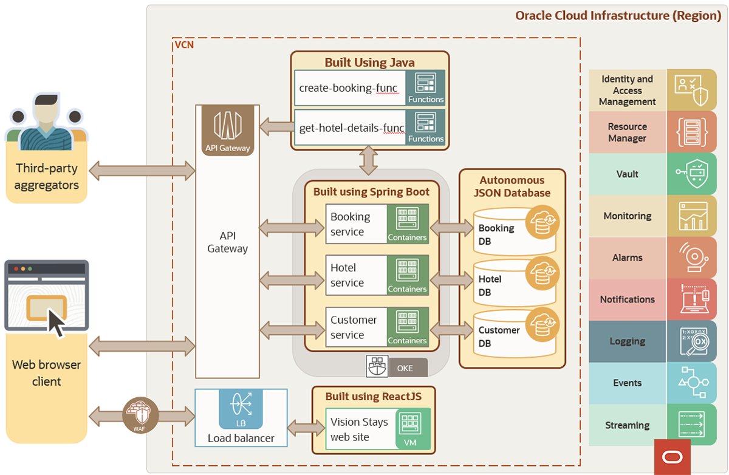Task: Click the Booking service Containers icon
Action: pos(408,224)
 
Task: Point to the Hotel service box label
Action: pos(347,275)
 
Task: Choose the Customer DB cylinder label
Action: pos(499,337)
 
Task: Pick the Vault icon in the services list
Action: pos(691,174)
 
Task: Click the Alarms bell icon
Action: pos(691,258)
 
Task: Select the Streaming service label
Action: pos(627,425)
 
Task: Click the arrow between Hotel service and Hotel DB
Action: pos(450,279)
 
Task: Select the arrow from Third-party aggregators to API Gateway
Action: pos(141,171)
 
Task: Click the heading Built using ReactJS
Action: pos(373,397)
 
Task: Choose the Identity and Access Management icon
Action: pos(691,90)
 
